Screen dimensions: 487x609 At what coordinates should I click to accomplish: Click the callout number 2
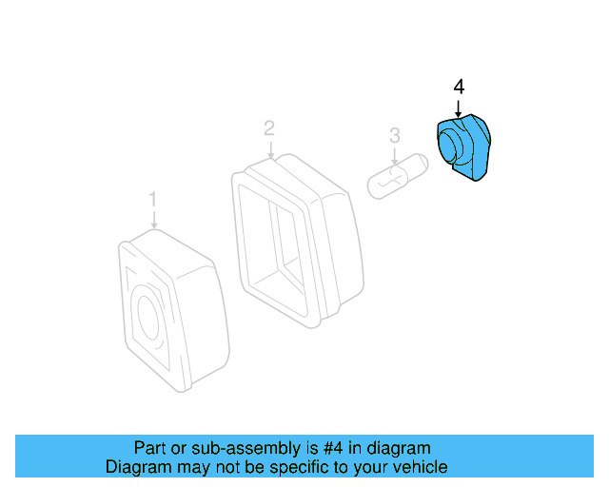point(269,127)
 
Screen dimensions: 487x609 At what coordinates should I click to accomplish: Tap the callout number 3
point(394,138)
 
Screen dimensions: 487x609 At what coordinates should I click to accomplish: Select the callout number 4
point(459,87)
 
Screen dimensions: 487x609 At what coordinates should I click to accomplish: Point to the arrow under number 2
point(270,148)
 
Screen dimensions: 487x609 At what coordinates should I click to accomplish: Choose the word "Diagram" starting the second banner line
point(136,467)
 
